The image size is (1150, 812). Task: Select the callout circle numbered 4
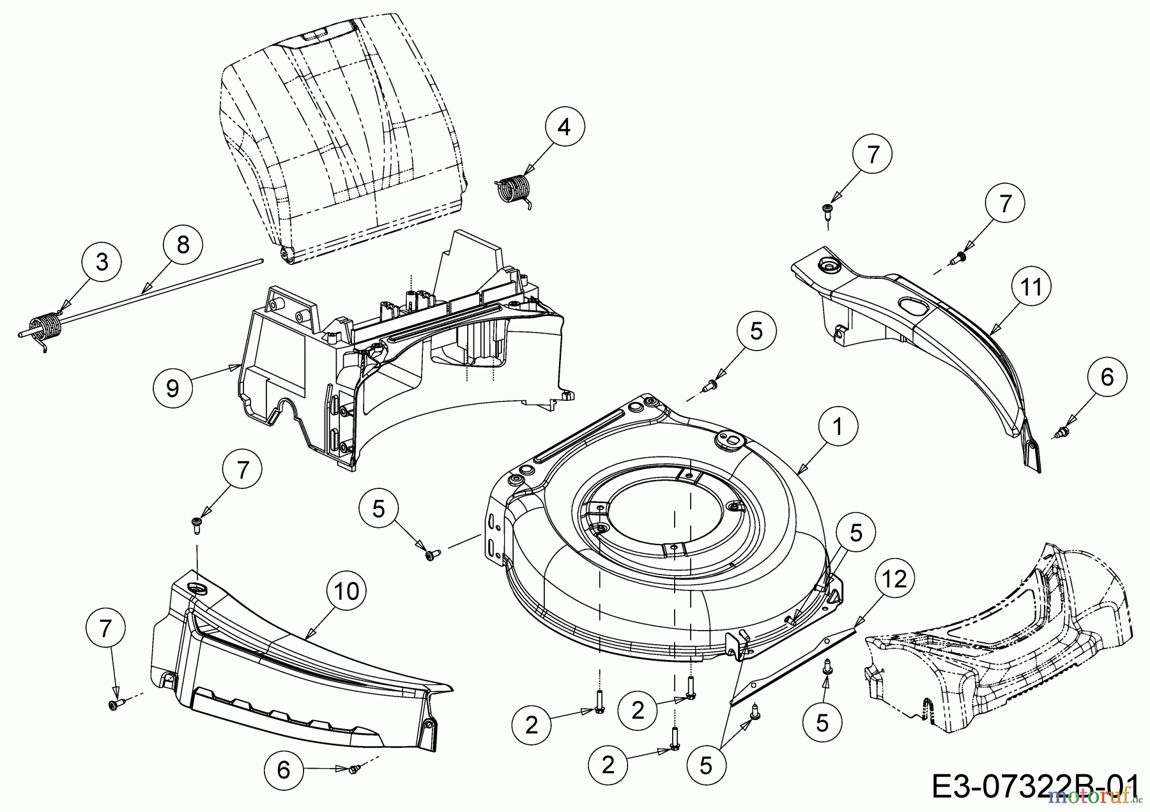click(x=563, y=128)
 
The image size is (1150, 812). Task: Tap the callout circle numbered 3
click(x=102, y=262)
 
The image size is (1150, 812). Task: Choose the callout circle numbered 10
click(x=347, y=591)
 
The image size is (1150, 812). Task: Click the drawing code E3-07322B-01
click(x=1035, y=785)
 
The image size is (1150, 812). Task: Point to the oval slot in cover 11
click(x=917, y=304)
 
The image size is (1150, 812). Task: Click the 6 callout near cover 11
click(x=1107, y=377)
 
